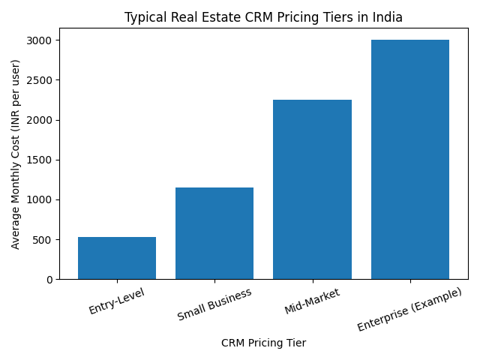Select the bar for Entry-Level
point(117,258)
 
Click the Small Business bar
point(214,233)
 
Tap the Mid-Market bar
point(312,189)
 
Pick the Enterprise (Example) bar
point(410,159)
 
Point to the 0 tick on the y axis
point(49,280)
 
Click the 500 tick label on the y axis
point(43,240)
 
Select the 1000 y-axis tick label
point(40,200)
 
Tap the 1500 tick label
point(40,160)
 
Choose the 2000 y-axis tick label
point(40,120)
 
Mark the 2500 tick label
point(40,80)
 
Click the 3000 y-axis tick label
point(40,40)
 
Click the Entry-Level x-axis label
point(116,300)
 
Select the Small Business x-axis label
point(214,304)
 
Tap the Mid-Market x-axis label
point(312,301)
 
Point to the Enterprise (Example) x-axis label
point(409,309)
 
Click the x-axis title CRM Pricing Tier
point(263,343)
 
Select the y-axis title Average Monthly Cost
point(16,154)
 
